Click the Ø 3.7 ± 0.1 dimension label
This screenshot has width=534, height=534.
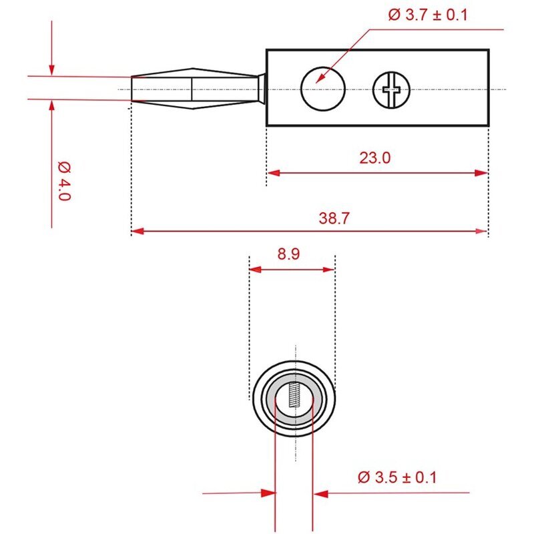click(x=428, y=15)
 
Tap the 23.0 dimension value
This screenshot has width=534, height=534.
click(x=375, y=158)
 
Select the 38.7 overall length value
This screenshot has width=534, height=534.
click(x=334, y=218)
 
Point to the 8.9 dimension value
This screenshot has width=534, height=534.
click(x=288, y=254)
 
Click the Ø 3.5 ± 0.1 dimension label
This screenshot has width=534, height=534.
click(x=397, y=477)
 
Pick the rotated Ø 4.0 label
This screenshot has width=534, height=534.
click(x=64, y=181)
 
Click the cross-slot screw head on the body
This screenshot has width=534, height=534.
click(x=391, y=90)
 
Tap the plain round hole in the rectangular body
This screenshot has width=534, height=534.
click(x=323, y=89)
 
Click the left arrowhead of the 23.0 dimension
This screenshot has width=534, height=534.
click(x=274, y=173)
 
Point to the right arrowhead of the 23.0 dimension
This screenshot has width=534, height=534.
click(x=481, y=173)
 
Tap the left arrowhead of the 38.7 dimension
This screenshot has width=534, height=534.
click(x=138, y=231)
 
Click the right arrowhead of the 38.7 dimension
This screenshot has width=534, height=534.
click(x=481, y=231)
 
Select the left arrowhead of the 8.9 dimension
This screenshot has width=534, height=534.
click(x=256, y=270)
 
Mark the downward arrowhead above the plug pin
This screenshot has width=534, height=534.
click(x=51, y=69)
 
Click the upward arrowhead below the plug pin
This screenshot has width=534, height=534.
click(x=51, y=106)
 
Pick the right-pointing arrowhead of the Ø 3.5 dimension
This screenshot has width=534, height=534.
click(x=268, y=493)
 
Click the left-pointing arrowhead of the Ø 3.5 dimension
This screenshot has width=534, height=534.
click(x=320, y=493)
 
